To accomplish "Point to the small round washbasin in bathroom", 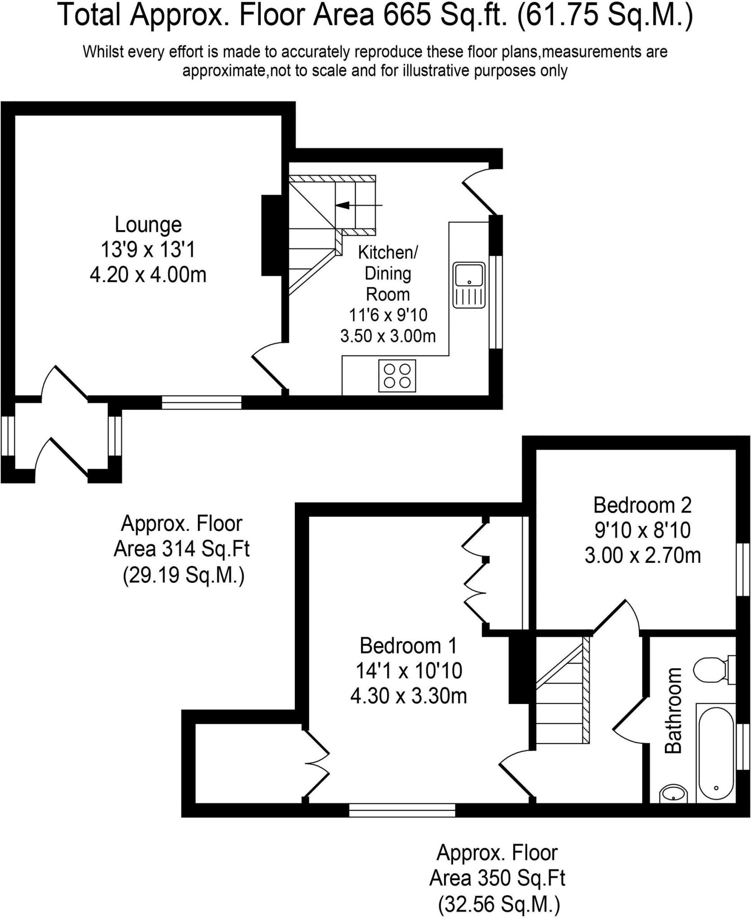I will pos(673,794).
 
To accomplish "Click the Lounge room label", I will pos(148,225).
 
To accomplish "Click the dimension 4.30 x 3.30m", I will pos(408,696).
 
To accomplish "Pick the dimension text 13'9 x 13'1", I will pos(148,249).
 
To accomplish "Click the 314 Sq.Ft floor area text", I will pos(181,548).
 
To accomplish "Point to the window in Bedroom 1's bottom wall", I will pos(402,810).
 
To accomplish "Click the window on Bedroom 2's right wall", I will pos(743,569).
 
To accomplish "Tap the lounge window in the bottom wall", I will pos(201,402).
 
